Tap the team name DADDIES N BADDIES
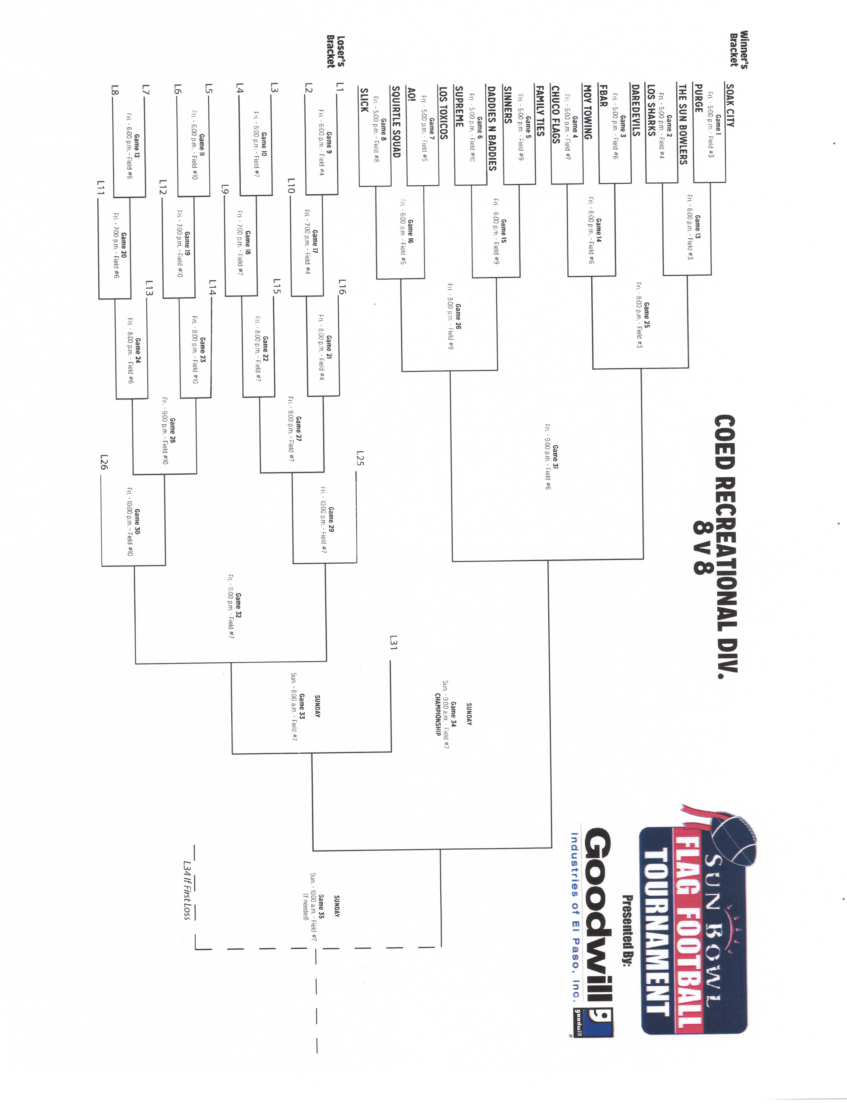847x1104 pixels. pyautogui.click(x=491, y=128)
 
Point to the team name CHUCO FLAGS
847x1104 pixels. pyautogui.click(x=556, y=115)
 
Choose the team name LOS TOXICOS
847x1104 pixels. pyautogui.click(x=443, y=112)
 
